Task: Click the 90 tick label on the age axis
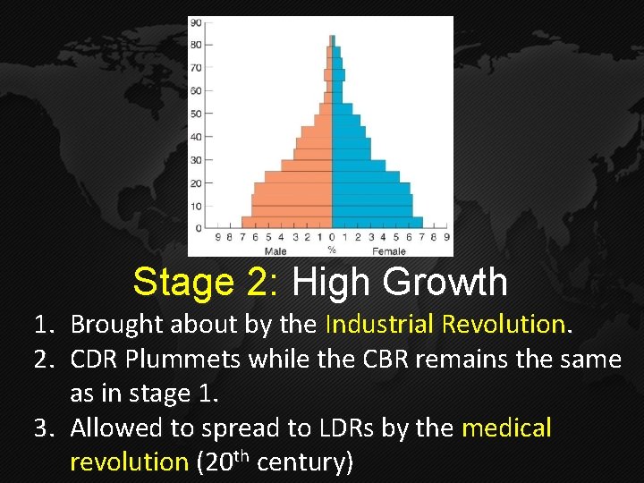[x=195, y=22]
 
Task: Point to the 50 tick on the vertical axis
[x=195, y=114]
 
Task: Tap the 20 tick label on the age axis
[x=195, y=183]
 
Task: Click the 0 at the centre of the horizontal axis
[x=332, y=238]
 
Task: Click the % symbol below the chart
[x=332, y=250]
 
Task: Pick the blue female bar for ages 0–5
[x=376, y=223]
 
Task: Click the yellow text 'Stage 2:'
[x=207, y=283]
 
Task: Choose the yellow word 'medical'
[x=506, y=428]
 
